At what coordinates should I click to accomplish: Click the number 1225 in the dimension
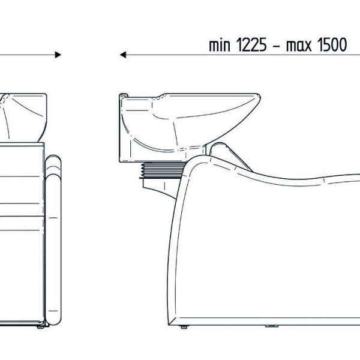(x=251, y=45)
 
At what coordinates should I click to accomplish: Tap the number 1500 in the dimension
(x=332, y=45)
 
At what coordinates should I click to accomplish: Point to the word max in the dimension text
(x=299, y=46)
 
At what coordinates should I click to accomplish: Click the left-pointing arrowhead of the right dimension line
(x=123, y=55)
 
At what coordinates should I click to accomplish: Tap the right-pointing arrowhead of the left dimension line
(x=58, y=55)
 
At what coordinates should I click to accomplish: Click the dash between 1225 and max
(x=277, y=47)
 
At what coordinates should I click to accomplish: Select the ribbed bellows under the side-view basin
(x=163, y=170)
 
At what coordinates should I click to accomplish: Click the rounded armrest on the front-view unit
(x=53, y=240)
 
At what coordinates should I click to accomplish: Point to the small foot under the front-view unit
(x=40, y=327)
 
